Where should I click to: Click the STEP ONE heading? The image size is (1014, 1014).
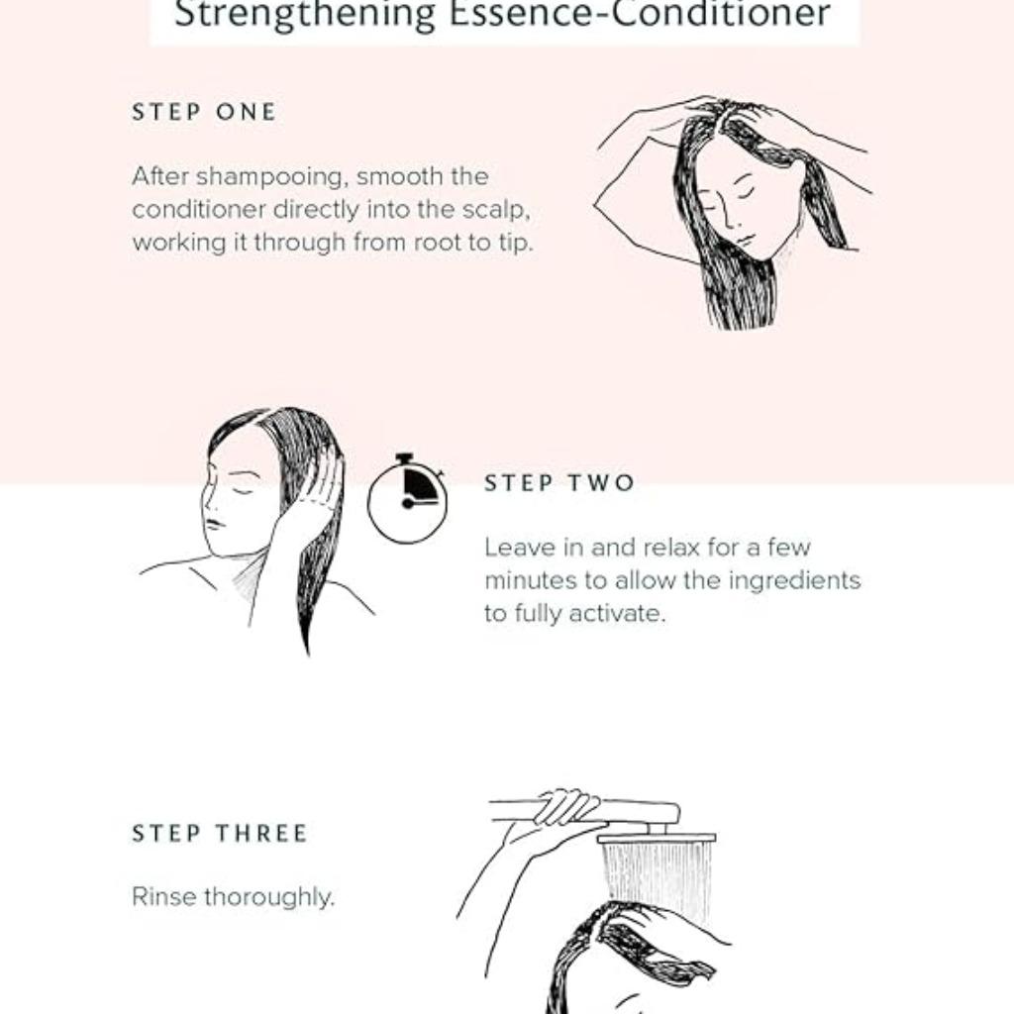[204, 112]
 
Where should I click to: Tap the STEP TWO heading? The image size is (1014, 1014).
[559, 483]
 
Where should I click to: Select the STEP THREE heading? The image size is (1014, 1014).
[220, 833]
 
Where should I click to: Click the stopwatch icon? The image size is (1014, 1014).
[407, 498]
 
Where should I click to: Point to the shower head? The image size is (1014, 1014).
[657, 838]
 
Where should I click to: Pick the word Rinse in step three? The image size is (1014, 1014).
[163, 897]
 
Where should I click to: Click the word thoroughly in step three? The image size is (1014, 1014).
[269, 897]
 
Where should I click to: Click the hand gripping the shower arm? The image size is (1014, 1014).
[565, 806]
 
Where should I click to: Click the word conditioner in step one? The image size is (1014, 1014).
[198, 210]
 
